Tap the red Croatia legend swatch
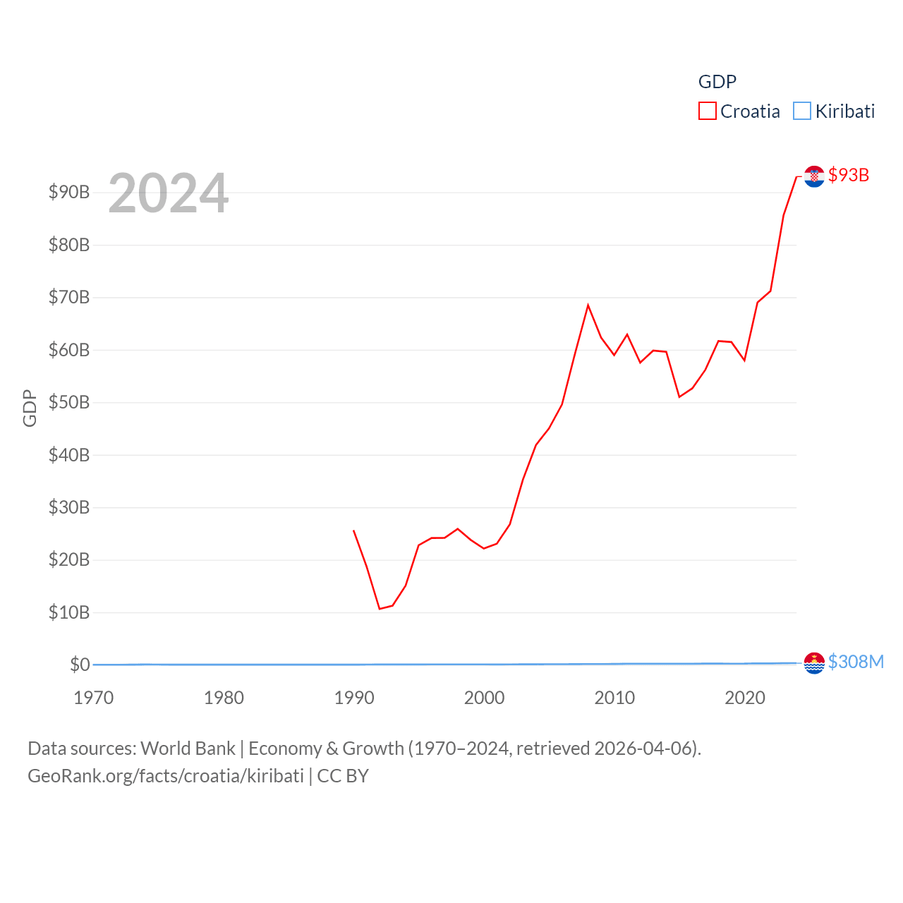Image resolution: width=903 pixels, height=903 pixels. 708,111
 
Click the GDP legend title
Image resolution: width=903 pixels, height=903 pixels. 717,82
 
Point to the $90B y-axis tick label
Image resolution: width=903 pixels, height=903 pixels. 69,192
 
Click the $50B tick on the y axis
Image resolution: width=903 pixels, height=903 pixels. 69,402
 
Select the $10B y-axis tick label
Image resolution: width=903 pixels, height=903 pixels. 69,612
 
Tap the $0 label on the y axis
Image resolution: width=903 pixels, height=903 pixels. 80,665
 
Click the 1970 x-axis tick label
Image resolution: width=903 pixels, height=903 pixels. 94,698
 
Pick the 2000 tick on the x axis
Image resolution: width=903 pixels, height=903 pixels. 484,698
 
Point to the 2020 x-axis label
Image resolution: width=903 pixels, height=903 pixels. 745,698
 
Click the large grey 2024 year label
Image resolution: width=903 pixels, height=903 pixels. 168,193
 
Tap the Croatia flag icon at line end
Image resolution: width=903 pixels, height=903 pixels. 814,176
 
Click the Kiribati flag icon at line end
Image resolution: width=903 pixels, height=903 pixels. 814,663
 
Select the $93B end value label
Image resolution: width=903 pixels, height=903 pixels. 849,175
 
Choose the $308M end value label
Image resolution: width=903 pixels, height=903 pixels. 856,662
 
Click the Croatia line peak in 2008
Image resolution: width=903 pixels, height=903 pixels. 588,305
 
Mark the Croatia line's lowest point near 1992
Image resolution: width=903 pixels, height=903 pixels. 380,608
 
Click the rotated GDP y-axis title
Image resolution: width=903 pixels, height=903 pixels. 30,408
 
